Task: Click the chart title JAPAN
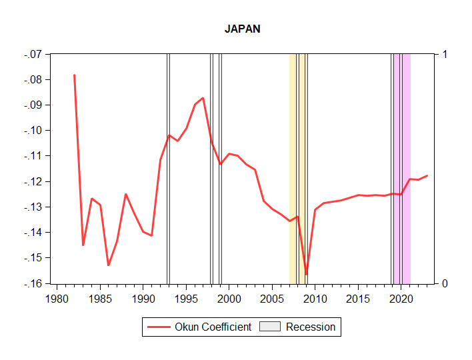pyautogui.click(x=242, y=29)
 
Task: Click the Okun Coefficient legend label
pyautogui.click(x=213, y=327)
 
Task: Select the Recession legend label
pyautogui.click(x=311, y=327)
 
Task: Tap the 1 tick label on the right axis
pyautogui.click(x=445, y=54)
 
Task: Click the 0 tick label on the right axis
pyautogui.click(x=445, y=283)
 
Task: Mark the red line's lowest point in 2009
pyautogui.click(x=307, y=274)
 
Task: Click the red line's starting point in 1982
pyautogui.click(x=74, y=75)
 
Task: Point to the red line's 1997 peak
pyautogui.click(x=203, y=98)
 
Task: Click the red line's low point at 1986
pyautogui.click(x=109, y=265)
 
